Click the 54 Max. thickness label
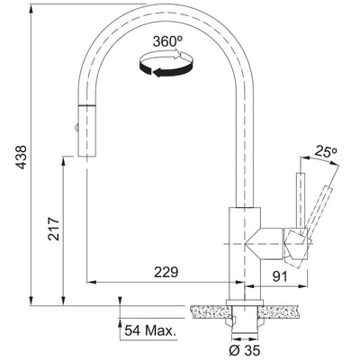[151, 331]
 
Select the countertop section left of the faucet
[206, 312]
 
